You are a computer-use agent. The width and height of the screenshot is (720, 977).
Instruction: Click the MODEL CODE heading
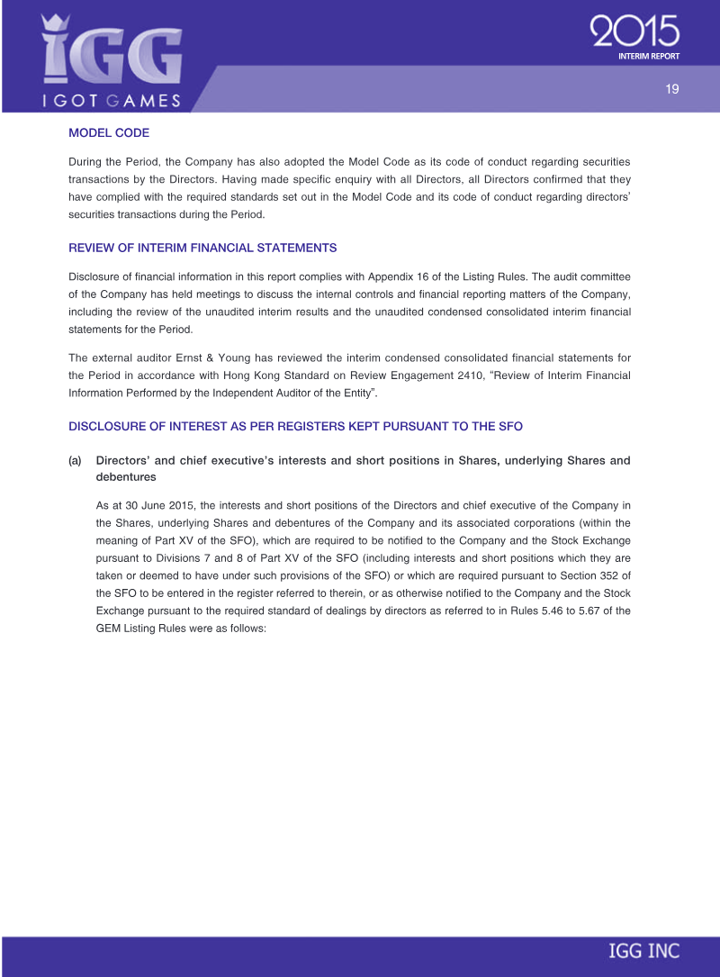pyautogui.click(x=109, y=132)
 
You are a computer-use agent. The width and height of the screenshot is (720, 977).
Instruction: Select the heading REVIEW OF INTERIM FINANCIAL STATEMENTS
pyautogui.click(x=202, y=248)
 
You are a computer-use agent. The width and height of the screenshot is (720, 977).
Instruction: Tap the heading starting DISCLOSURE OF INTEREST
pyautogui.click(x=295, y=425)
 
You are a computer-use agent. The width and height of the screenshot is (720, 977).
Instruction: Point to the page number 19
pyautogui.click(x=671, y=88)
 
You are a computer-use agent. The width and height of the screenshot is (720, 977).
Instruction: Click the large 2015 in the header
pyautogui.click(x=634, y=33)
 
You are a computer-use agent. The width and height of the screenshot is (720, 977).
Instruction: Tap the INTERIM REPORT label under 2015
pyautogui.click(x=648, y=56)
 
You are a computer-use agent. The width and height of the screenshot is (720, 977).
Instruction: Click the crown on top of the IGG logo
pyautogui.click(x=57, y=22)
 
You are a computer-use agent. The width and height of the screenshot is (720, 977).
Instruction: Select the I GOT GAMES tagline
pyautogui.click(x=112, y=100)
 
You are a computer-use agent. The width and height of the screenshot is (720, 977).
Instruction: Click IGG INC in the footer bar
pyautogui.click(x=644, y=951)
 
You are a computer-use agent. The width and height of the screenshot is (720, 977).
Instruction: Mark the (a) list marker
pyautogui.click(x=76, y=460)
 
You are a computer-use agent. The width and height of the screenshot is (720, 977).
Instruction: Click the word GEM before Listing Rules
pyautogui.click(x=109, y=629)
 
